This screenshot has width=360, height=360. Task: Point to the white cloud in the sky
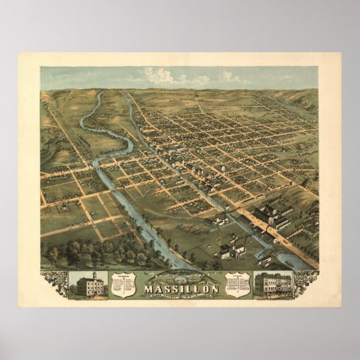click(163, 77)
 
